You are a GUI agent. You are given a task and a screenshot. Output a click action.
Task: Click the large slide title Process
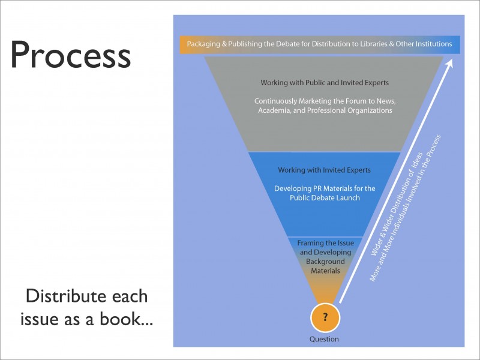click(71, 55)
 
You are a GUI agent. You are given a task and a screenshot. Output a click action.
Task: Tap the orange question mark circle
click(325, 317)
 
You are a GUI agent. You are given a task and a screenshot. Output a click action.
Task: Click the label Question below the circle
click(324, 340)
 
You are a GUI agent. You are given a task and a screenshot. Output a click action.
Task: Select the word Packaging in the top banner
click(203, 44)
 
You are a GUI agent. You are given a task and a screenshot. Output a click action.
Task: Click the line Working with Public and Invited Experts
click(324, 82)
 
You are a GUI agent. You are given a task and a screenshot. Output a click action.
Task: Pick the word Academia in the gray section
click(275, 110)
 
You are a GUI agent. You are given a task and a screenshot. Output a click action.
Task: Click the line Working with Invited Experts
click(324, 170)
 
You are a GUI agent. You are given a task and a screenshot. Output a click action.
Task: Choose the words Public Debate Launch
click(324, 198)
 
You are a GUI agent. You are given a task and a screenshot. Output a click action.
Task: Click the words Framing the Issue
click(325, 243)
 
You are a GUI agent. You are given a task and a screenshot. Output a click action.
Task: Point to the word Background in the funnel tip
click(325, 262)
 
